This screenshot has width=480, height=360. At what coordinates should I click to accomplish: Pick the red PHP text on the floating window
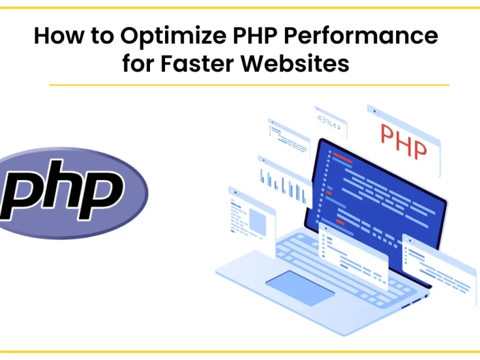click(404, 142)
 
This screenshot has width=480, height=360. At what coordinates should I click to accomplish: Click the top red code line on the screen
click(343, 158)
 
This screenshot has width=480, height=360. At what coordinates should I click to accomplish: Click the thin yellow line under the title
click(249, 85)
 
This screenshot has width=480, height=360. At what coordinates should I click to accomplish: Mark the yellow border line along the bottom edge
click(240, 352)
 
